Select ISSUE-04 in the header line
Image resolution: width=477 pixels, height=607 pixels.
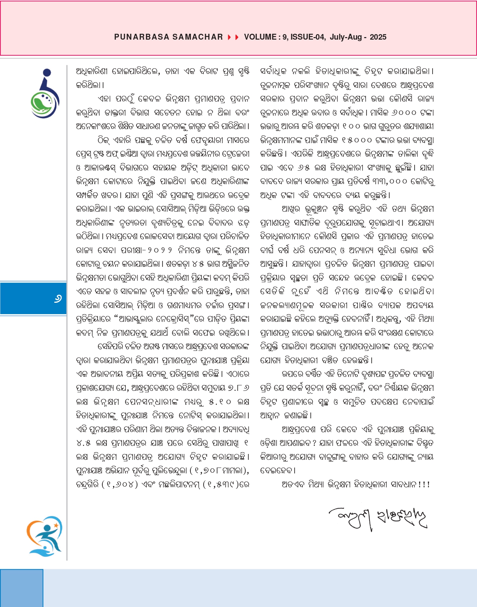(307, 37)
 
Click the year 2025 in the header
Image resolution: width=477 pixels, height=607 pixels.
(378, 37)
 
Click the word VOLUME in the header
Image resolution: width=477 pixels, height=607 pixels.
(260, 37)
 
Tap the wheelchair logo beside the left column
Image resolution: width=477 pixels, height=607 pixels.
(45, 94)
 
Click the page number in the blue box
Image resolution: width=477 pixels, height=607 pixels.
(58, 299)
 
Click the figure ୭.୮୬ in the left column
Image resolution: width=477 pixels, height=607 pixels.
(238, 388)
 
